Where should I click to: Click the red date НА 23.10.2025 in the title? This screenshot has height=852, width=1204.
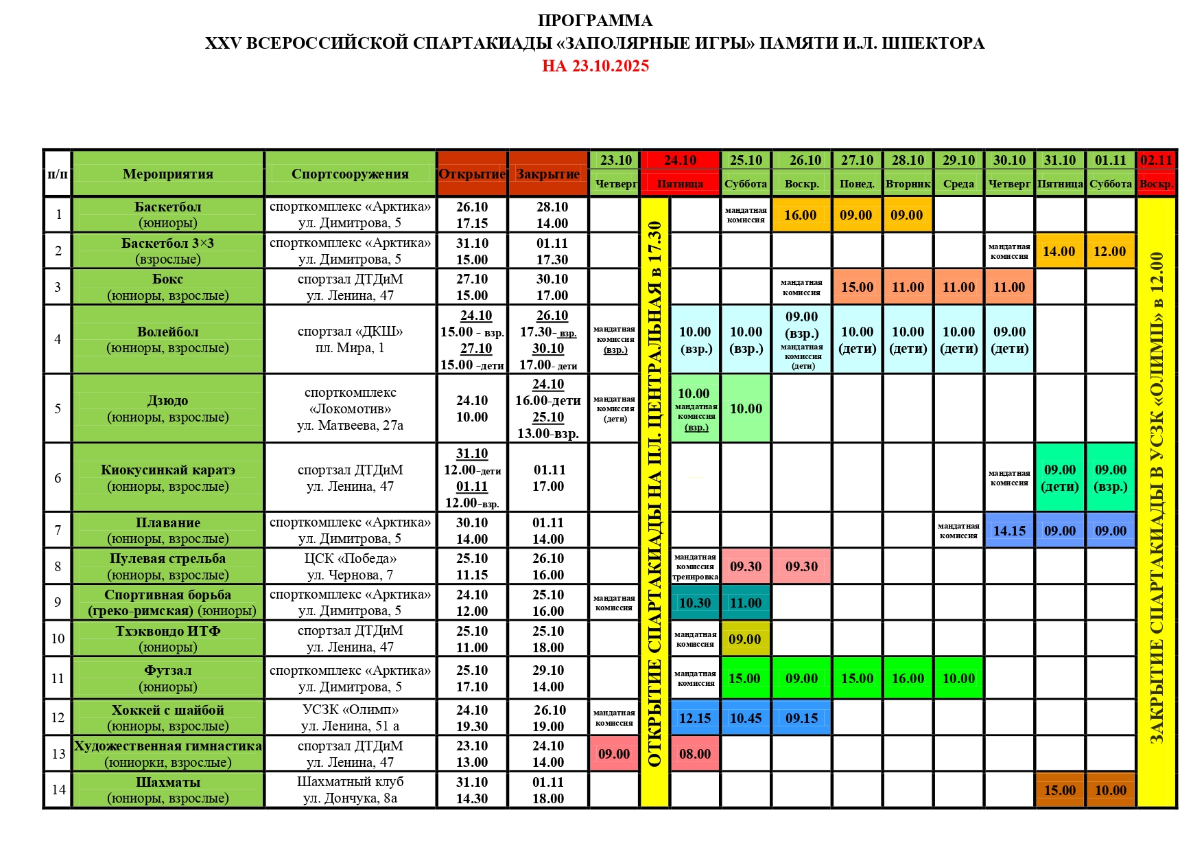pyautogui.click(x=595, y=66)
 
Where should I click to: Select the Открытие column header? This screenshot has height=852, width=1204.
pyautogui.click(x=472, y=174)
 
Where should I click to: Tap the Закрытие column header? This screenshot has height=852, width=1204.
pyautogui.click(x=548, y=174)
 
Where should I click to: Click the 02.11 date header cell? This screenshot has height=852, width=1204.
pyautogui.click(x=1156, y=160)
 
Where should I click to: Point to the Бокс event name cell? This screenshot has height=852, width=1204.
pyautogui.click(x=168, y=287)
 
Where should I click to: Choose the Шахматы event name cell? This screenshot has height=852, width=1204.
pyautogui.click(x=168, y=790)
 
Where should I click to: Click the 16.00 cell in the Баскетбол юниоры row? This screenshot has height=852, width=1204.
pyautogui.click(x=801, y=215)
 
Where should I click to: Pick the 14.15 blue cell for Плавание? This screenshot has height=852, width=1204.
pyautogui.click(x=1009, y=531)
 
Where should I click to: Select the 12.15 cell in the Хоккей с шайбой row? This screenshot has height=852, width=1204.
pyautogui.click(x=695, y=718)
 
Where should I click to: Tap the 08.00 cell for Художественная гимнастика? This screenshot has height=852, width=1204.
pyautogui.click(x=695, y=754)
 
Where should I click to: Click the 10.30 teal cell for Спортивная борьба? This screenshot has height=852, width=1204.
pyautogui.click(x=695, y=603)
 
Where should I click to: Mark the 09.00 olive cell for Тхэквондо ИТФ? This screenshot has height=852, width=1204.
pyautogui.click(x=745, y=639)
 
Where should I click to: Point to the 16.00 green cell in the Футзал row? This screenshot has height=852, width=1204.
pyautogui.click(x=908, y=678)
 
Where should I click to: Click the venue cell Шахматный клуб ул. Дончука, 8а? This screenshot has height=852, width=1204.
pyautogui.click(x=350, y=790)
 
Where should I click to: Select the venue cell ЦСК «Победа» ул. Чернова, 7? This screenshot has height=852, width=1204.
pyautogui.click(x=350, y=566)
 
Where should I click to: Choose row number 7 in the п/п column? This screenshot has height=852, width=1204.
pyautogui.click(x=58, y=530)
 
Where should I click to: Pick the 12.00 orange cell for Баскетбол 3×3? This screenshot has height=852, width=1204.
pyautogui.click(x=1110, y=251)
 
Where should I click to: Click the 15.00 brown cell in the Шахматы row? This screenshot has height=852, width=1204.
pyautogui.click(x=1060, y=790)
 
